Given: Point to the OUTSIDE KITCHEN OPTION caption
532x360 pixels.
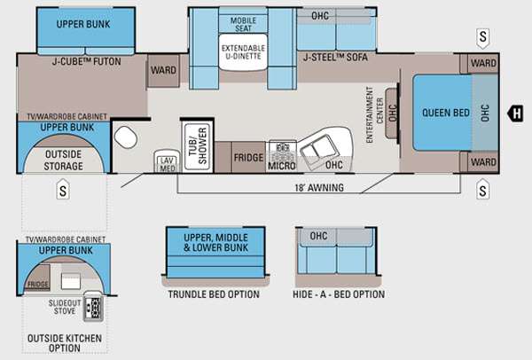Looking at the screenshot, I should click(x=63, y=340).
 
